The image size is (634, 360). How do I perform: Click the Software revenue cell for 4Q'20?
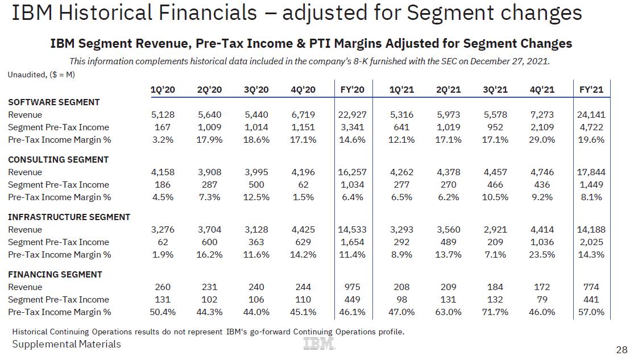pyautogui.click(x=303, y=115)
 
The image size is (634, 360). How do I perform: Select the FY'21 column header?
pyautogui.click(x=591, y=90)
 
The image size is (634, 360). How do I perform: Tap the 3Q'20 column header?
pyautogui.click(x=256, y=90)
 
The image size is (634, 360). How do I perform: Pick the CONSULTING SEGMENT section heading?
pyautogui.click(x=58, y=160)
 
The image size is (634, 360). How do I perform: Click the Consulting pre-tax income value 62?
pyautogui.click(x=303, y=185)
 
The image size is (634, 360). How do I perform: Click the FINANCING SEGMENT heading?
pyautogui.click(x=55, y=275)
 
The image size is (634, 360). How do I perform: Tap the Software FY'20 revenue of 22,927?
pyautogui.click(x=352, y=115)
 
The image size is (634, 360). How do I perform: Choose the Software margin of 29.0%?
pyautogui.click(x=542, y=140)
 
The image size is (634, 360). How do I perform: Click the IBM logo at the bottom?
pyautogui.click(x=319, y=344)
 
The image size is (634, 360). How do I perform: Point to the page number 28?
pyautogui.click(x=621, y=349)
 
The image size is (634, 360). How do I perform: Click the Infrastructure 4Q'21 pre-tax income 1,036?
pyautogui.click(x=542, y=242)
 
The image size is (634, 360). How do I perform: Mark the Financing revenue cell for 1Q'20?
pyautogui.click(x=163, y=287)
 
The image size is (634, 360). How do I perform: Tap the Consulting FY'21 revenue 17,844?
pyautogui.click(x=591, y=172)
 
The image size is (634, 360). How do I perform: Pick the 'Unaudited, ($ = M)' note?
pyautogui.click(x=42, y=75)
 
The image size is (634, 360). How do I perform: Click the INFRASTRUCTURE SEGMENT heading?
pyautogui.click(x=69, y=217)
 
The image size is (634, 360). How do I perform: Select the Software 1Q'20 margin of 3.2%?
pyautogui.click(x=163, y=140)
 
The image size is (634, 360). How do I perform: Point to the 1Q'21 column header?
pyautogui.click(x=401, y=90)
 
